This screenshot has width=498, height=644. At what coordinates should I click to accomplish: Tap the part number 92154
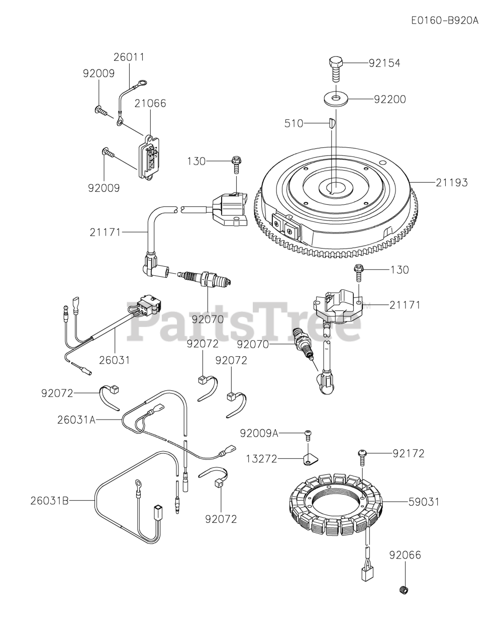coord(384,63)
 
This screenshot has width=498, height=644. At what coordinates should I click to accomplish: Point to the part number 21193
coord(451,183)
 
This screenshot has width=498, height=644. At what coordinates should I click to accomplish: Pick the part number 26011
coord(129,57)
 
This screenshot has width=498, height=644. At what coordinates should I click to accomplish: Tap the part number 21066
coord(150,104)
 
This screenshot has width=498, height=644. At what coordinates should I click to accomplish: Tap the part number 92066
coord(405,555)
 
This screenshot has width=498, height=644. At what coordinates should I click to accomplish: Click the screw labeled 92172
coord(363,454)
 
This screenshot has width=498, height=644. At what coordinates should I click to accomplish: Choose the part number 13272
coord(261,459)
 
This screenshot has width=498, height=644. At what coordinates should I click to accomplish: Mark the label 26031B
coord(49,501)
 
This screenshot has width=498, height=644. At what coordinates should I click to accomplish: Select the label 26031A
coord(76,419)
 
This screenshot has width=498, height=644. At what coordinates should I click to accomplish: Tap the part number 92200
coord(390,99)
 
